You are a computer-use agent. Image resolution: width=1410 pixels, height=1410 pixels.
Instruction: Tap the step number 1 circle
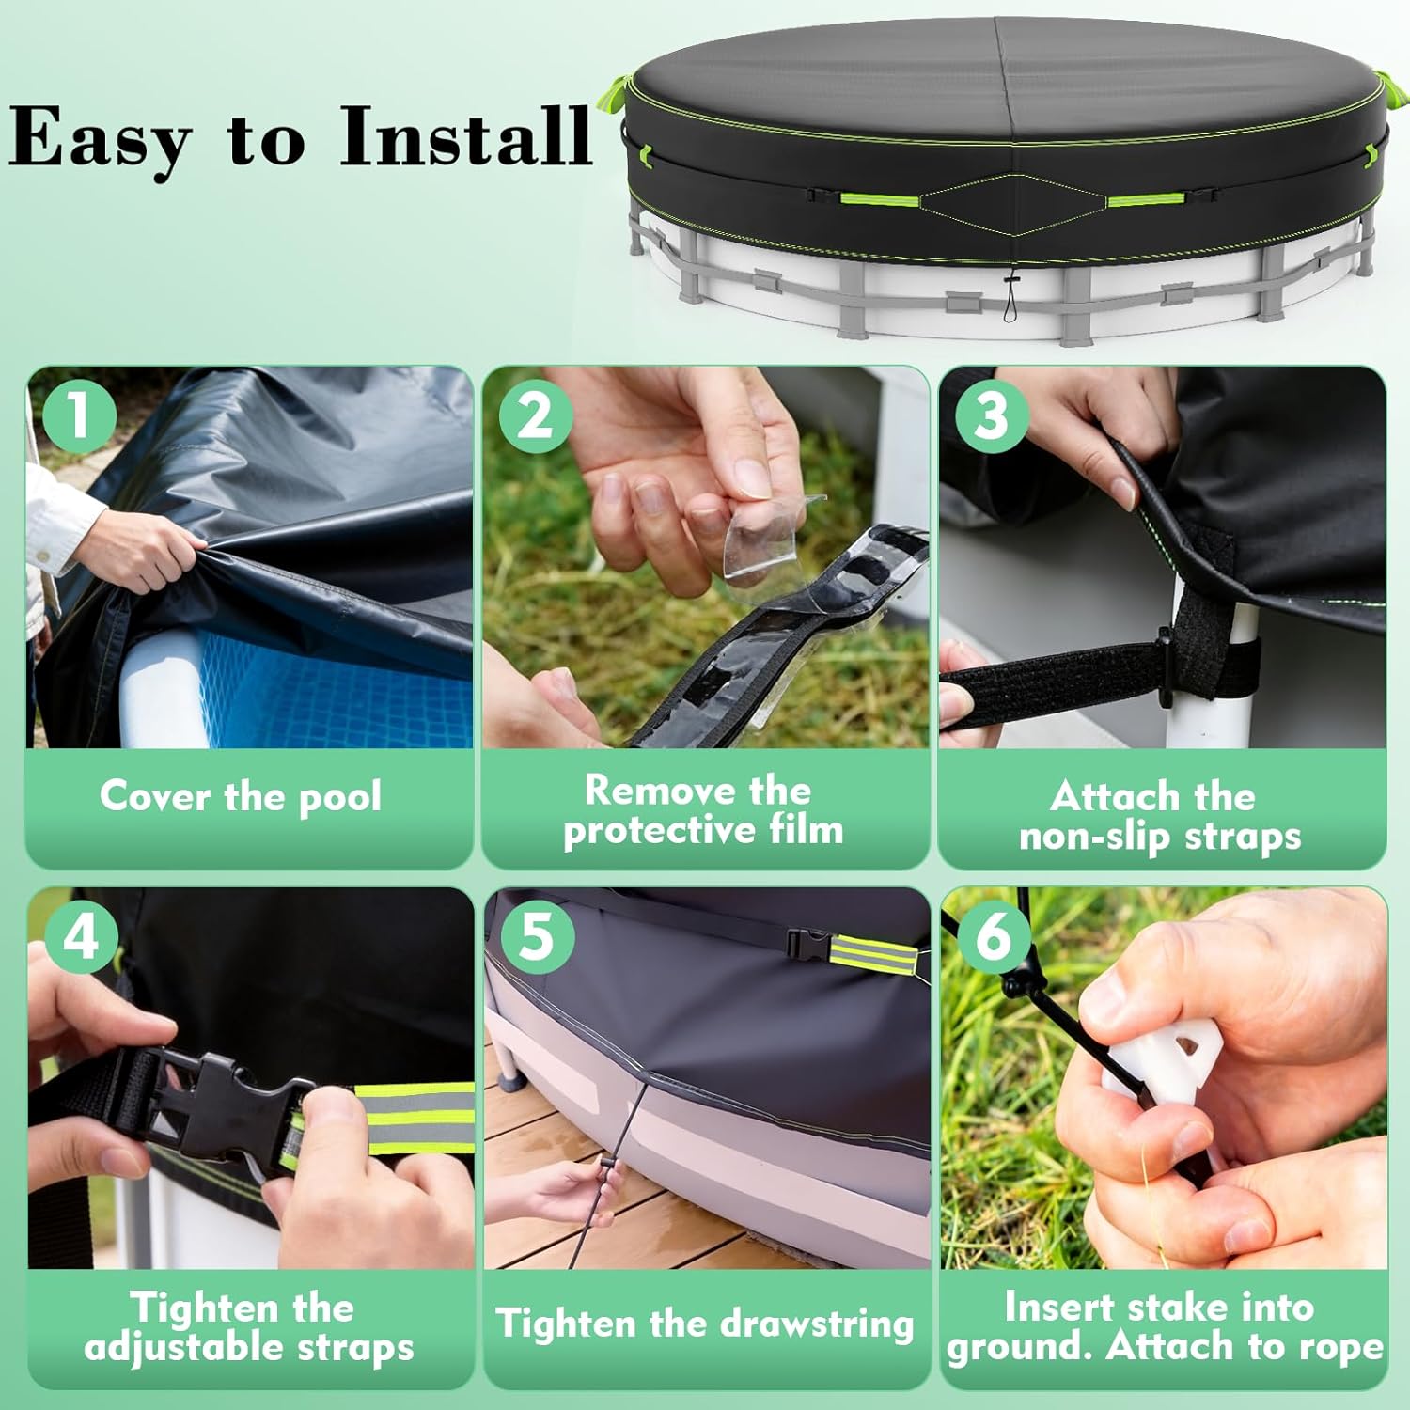(x=79, y=415)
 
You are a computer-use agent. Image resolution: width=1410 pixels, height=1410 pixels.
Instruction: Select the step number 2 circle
(x=535, y=415)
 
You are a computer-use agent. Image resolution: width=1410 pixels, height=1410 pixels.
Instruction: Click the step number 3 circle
(x=992, y=415)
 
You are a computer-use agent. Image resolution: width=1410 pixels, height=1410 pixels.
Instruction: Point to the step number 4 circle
(x=81, y=936)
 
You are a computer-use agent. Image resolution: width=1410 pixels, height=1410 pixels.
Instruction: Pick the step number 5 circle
(x=537, y=936)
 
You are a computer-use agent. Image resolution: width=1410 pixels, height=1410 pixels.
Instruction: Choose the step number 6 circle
(x=994, y=936)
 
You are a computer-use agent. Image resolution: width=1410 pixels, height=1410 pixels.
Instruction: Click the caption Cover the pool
(x=241, y=797)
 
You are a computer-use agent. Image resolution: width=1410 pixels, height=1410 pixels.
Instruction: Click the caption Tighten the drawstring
(x=704, y=1324)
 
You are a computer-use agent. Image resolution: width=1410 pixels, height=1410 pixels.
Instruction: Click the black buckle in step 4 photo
(x=226, y=1104)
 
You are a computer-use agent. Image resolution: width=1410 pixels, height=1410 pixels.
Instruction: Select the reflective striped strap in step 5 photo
(x=872, y=957)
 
